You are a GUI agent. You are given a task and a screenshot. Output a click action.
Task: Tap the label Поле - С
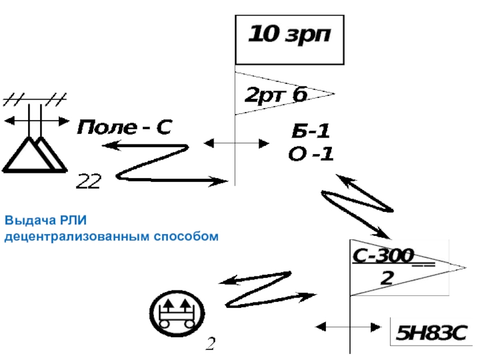(124, 127)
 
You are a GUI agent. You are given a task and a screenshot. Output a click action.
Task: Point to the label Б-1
(310, 131)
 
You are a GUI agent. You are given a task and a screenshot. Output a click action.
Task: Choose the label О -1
(310, 154)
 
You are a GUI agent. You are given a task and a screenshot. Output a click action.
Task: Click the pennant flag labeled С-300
(396, 267)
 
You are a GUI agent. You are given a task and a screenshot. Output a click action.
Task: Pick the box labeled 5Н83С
(430, 332)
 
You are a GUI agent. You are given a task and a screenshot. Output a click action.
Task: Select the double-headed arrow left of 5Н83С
(349, 327)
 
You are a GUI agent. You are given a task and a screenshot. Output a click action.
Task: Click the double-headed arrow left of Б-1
(236, 143)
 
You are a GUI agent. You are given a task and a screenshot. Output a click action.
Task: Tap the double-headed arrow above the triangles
(36, 121)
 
